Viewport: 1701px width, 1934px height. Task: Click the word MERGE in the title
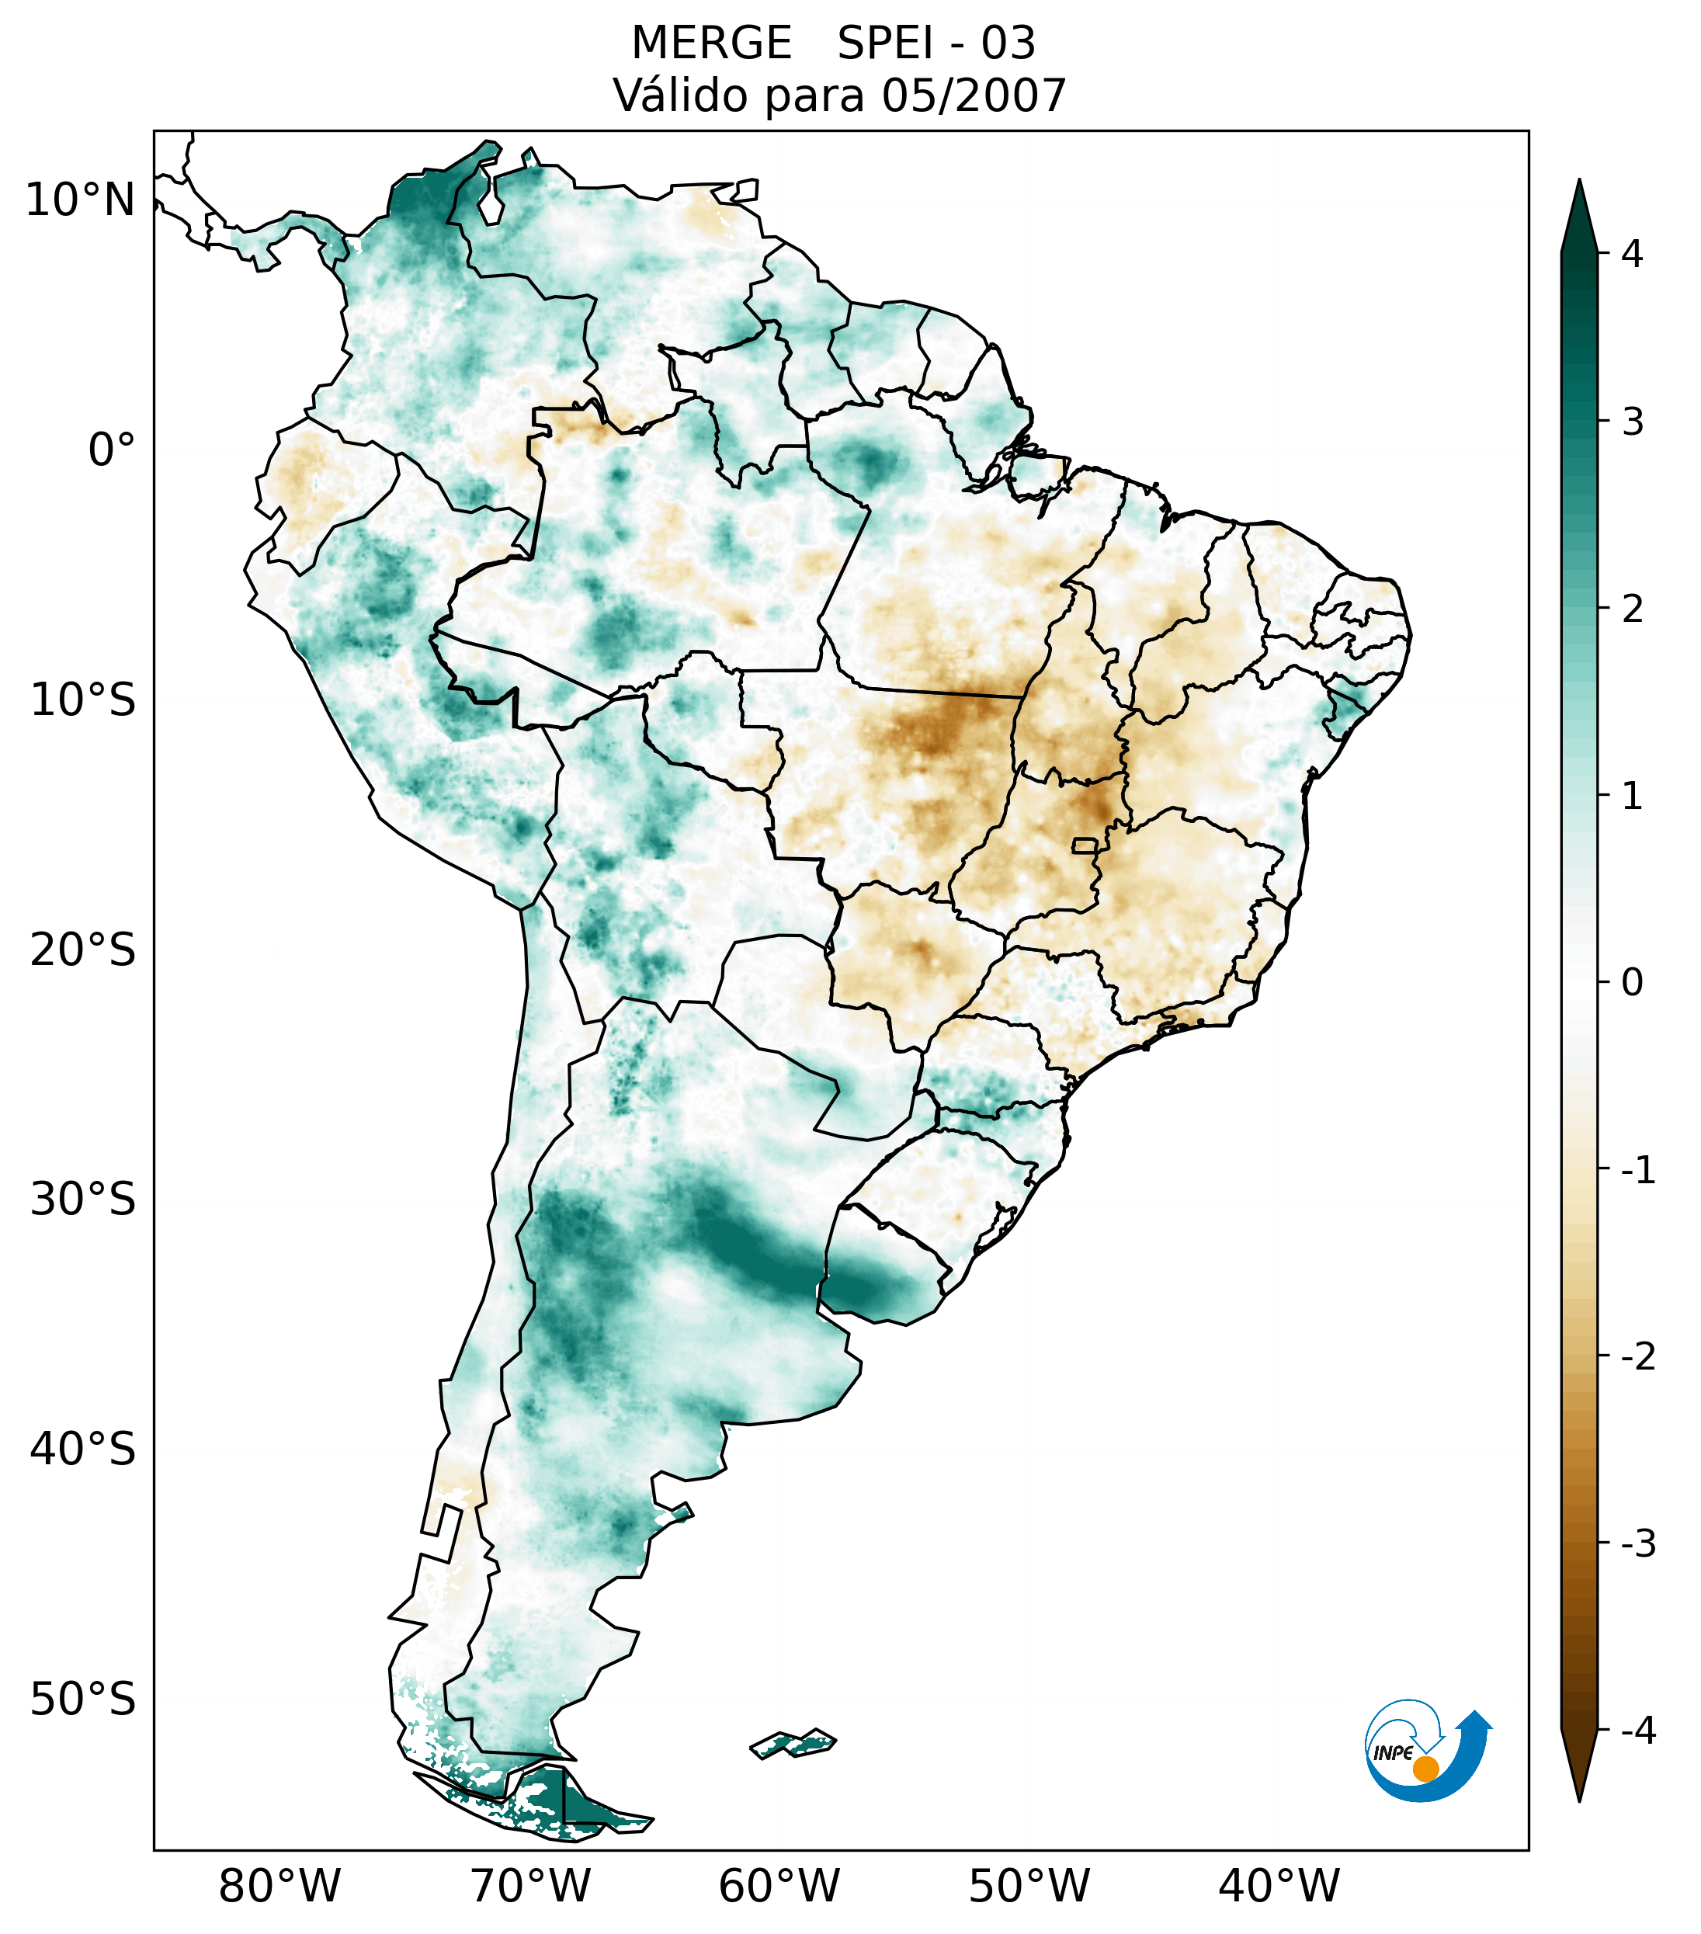coord(710,43)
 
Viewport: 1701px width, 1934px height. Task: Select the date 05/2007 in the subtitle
coord(974,95)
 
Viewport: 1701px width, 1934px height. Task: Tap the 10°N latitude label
coord(81,200)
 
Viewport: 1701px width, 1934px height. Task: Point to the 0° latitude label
coord(112,450)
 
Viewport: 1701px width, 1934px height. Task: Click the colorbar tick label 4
coord(1632,254)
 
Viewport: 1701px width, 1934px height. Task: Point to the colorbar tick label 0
coord(1632,983)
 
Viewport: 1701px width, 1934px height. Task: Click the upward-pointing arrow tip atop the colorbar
coord(1579,203)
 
